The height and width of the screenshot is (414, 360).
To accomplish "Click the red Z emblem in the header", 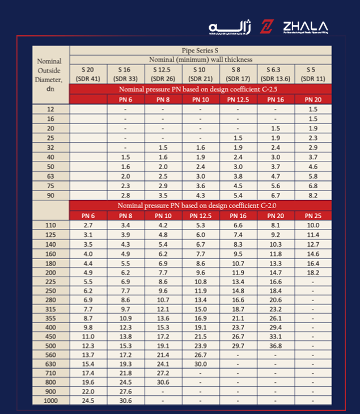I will [266, 27].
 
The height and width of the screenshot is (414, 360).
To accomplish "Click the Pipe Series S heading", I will [200, 50].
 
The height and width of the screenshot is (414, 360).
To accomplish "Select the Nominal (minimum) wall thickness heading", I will [200, 60].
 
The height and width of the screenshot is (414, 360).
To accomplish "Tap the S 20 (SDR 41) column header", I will [88, 74].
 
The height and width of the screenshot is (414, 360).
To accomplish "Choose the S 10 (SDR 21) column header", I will [200, 74].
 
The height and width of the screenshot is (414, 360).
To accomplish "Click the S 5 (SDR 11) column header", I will [313, 74].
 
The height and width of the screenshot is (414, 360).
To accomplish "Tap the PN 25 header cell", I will [313, 216].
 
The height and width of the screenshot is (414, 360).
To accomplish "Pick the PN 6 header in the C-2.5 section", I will [125, 99].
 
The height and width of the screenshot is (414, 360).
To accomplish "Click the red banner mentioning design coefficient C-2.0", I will [200, 205].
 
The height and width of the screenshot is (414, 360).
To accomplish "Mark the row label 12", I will [50, 109].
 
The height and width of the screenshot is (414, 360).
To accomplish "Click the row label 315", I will [50, 309].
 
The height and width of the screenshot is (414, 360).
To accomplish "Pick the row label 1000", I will [50, 400].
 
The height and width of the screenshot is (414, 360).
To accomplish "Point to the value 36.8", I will [276, 345].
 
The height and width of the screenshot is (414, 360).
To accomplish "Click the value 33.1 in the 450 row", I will [276, 336].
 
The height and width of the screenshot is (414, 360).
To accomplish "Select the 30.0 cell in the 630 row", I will [200, 364].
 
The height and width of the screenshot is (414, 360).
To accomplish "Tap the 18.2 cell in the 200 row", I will [313, 273].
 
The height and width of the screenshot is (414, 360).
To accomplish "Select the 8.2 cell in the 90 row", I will [313, 195].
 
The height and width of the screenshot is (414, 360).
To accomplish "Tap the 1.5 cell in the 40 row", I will [125, 157].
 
